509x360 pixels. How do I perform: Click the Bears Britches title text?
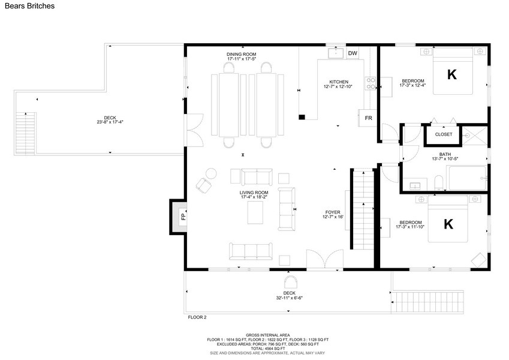coord(29,6)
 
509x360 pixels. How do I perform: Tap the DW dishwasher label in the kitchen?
coord(353,53)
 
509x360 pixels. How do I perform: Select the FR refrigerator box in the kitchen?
coord(368,118)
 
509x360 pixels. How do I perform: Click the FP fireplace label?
coord(183,217)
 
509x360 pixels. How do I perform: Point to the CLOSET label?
coord(444,134)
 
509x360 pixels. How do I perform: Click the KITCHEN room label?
coord(339,82)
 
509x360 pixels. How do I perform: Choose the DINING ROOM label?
coord(241,54)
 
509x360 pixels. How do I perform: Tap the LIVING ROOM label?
coord(254,193)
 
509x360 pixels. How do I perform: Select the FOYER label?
coord(333,212)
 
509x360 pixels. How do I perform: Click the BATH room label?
coord(445,154)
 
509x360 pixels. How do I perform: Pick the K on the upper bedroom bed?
coord(452,75)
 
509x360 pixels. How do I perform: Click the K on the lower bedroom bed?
coord(448,224)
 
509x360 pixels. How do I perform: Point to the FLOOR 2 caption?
coord(197,317)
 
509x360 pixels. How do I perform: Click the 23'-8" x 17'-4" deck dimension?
coord(110,122)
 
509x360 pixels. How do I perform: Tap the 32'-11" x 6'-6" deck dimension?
coord(289,298)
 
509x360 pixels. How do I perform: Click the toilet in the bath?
coord(439,183)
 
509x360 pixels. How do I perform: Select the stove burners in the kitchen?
coord(371,83)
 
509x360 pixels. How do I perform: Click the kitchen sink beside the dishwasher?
coord(335,53)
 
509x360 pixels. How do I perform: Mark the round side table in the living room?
coord(211,173)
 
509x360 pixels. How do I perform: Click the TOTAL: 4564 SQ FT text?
coord(267,349)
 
